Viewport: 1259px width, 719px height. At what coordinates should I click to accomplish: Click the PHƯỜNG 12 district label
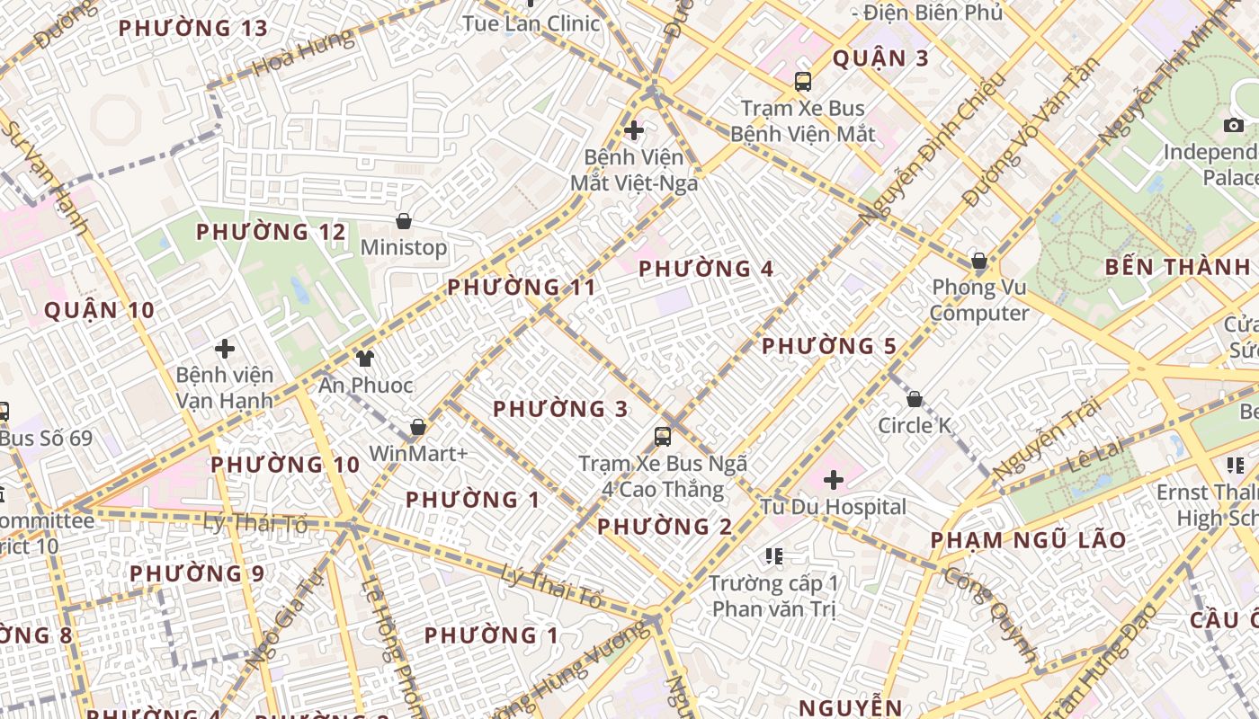pos(271,232)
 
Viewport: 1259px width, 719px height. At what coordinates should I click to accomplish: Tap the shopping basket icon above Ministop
pos(404,221)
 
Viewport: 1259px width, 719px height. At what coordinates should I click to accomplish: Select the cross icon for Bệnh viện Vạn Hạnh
pos(225,349)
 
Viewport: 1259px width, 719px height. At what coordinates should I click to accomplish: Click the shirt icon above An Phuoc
pos(364,359)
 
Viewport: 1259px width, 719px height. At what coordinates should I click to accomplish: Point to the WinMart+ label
pos(418,453)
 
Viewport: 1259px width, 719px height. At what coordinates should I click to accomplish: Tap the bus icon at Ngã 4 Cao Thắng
pos(663,437)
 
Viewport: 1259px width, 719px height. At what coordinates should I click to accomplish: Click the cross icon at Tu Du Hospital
pos(834,480)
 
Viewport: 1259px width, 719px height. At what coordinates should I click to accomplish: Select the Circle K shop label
pos(914,425)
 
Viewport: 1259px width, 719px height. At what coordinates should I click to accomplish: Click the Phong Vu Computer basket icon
pos(979,262)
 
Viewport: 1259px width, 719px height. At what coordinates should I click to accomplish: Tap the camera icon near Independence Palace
pos(1234,125)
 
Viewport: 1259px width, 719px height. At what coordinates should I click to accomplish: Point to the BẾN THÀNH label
pos(1177,267)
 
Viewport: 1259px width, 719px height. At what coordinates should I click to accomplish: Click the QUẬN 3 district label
pos(880,58)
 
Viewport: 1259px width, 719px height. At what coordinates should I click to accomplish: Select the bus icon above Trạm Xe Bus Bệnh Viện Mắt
pos(802,82)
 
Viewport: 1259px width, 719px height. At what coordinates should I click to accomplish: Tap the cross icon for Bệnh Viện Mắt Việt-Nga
pos(634,130)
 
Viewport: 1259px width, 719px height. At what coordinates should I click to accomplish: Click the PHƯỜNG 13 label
pos(193,28)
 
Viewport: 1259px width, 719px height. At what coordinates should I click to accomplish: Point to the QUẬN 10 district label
pos(99,311)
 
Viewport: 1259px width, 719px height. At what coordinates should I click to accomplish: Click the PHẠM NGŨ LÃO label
pos(1028,540)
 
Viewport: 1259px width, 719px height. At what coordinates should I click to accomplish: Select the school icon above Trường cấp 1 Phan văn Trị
pos(773,557)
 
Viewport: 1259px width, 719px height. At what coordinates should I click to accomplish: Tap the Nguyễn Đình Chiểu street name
pos(931,148)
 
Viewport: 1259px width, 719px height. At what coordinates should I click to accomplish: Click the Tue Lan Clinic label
pos(531,23)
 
